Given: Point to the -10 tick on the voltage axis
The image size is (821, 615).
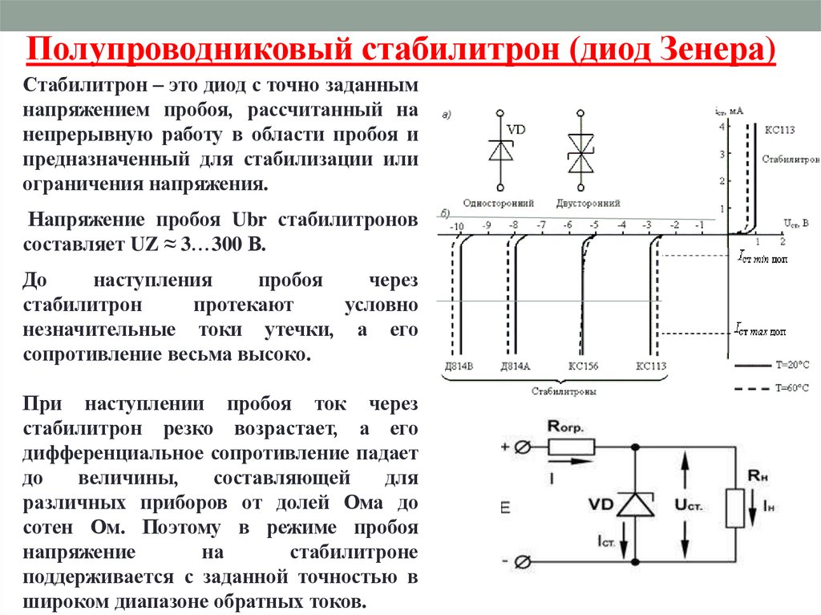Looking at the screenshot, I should click(457, 228).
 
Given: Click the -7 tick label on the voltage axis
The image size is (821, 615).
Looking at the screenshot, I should click(541, 225).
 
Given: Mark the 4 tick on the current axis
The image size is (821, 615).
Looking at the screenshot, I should click(722, 127).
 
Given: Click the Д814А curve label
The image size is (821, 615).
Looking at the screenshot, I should click(515, 366).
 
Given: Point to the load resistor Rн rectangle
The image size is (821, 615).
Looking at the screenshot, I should click(735, 507).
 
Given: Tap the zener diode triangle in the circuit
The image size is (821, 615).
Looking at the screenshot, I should click(635, 504).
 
